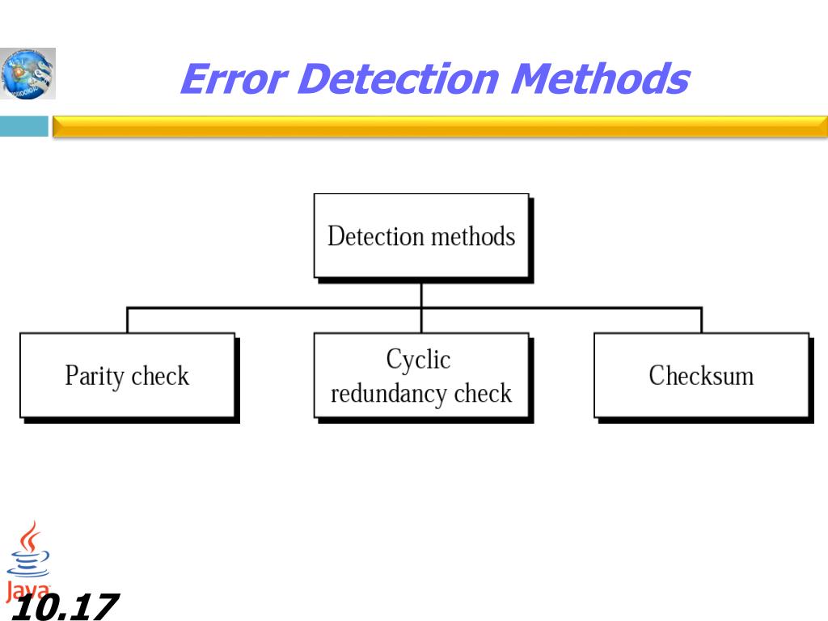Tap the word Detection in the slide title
click(x=400, y=79)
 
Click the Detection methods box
click(x=421, y=236)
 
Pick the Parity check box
click(x=127, y=375)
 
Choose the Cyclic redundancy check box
click(x=421, y=376)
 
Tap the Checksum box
click(x=701, y=375)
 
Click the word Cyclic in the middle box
click(x=418, y=358)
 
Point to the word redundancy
click(x=389, y=394)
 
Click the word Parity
click(x=95, y=376)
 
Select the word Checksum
click(x=701, y=375)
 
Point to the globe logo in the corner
click(x=28, y=73)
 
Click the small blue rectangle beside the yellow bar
click(x=23, y=126)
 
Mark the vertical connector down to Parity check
click(x=127, y=320)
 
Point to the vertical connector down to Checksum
click(x=701, y=320)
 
